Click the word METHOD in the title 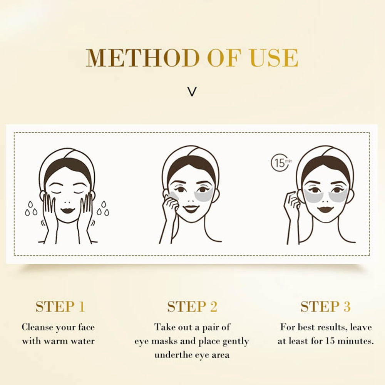click(143, 58)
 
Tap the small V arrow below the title click(192, 92)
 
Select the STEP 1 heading click(60, 306)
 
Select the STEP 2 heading click(192, 306)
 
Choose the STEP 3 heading click(326, 306)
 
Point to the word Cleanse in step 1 click(37, 327)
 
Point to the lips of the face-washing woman click(67, 211)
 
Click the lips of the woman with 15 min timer click(325, 210)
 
